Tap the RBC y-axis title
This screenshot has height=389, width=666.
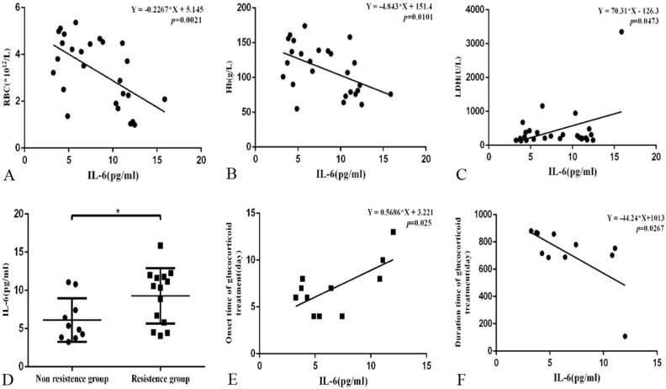pyautogui.click(x=9, y=76)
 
